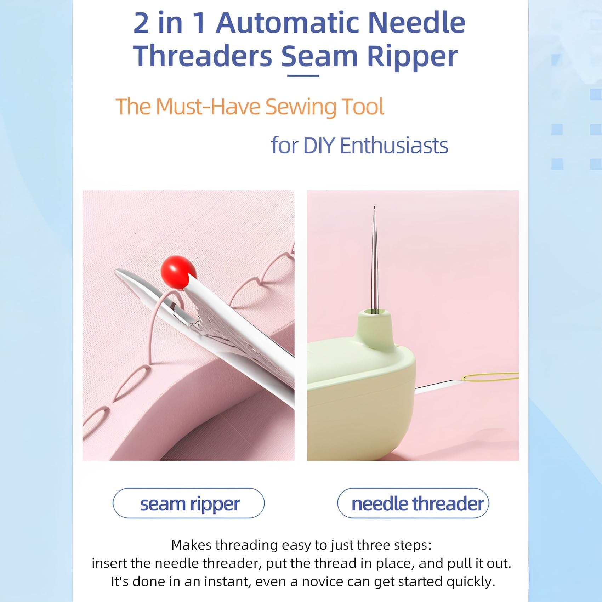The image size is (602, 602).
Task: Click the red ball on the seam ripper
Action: coord(178,272)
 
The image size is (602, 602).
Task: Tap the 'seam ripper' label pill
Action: coord(189,503)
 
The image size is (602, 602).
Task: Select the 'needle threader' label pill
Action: coord(413,503)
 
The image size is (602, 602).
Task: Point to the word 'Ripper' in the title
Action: coord(412,57)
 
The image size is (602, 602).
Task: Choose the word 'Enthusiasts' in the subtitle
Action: coord(394,146)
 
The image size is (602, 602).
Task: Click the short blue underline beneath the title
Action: coord(303,75)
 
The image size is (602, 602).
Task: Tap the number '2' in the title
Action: coord(141,23)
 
